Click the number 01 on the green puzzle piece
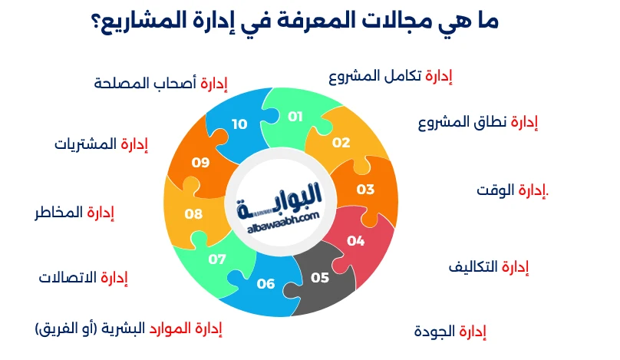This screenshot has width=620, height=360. tap(295, 117)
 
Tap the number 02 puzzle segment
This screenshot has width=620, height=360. tap(341, 143)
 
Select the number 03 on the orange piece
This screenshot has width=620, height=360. tap(365, 189)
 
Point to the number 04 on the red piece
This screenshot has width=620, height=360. tap(355, 240)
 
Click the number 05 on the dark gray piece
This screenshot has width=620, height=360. tap(320, 277)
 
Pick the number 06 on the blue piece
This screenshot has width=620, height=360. tap(265, 284)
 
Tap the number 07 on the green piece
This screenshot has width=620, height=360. tap(217, 259)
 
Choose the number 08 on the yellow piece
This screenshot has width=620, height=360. tap(193, 214)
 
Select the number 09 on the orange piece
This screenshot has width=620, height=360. tap(200, 163)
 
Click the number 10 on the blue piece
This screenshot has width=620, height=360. tap(239, 124)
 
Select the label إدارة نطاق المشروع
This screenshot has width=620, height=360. tap(477, 123)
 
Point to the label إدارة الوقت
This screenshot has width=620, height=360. tap(512, 190)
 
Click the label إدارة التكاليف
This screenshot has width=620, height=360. tap(489, 267)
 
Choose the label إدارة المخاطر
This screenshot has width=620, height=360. tap(74, 212)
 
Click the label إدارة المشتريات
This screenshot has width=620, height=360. tap(101, 144)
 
